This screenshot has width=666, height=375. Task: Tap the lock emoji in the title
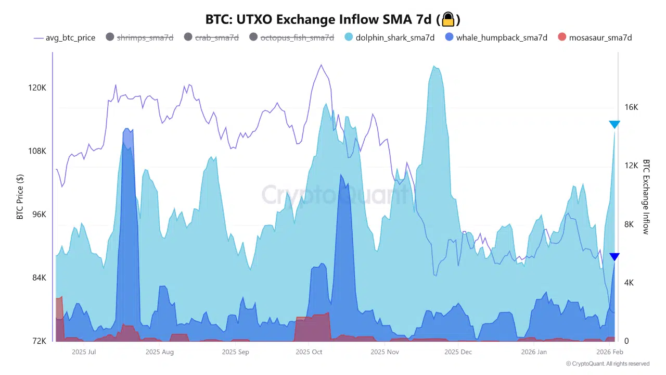(448, 20)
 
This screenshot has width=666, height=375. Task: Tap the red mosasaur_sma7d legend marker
(561, 37)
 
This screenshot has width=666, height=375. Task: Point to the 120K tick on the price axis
(37, 88)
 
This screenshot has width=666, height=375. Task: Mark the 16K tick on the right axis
(631, 107)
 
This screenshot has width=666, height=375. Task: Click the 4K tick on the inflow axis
(629, 283)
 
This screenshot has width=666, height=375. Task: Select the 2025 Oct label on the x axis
(309, 352)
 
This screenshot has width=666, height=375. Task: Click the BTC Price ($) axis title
(20, 196)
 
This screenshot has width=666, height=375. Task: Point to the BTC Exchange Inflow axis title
(646, 197)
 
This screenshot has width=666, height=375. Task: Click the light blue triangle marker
(614, 124)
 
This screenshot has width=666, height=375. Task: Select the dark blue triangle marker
(614, 257)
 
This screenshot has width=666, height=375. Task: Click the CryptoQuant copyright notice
(608, 364)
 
